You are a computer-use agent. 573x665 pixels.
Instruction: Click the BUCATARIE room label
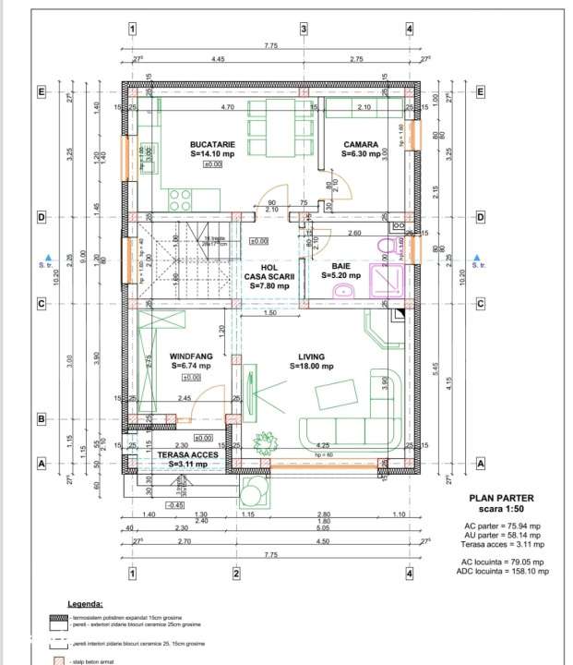[213, 145]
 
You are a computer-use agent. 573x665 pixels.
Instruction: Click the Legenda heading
[83, 601]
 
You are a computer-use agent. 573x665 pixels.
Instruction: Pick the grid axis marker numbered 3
[304, 29]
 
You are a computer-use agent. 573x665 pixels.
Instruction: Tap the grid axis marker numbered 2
[236, 574]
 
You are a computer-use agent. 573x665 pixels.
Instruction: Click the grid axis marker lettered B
[41, 418]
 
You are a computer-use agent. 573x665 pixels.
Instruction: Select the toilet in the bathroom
[388, 245]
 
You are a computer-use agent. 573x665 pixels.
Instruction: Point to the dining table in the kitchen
[281, 120]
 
